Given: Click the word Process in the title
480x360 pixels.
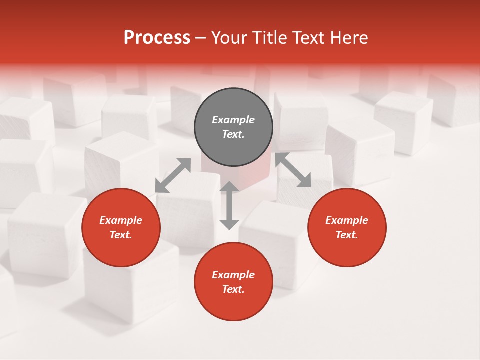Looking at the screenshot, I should pyautogui.click(x=157, y=38).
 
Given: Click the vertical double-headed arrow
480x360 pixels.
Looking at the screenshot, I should pyautogui.click(x=229, y=205).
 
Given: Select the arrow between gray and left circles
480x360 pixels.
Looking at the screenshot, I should pyautogui.click(x=173, y=175).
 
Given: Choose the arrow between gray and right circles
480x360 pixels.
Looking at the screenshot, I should pyautogui.click(x=293, y=170).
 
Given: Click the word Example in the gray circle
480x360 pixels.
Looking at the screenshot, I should pyautogui.click(x=233, y=120).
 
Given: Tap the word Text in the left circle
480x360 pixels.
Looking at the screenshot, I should pyautogui.click(x=121, y=235).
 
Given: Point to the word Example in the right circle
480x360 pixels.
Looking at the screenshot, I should pyautogui.click(x=347, y=220).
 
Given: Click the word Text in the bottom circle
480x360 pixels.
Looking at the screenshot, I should pyautogui.click(x=233, y=289).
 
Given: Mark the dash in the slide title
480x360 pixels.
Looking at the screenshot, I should pyautogui.click(x=200, y=38).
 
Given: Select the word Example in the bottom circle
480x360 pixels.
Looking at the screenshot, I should pyautogui.click(x=233, y=275).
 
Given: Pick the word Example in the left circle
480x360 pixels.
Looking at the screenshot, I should pyautogui.click(x=121, y=220).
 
